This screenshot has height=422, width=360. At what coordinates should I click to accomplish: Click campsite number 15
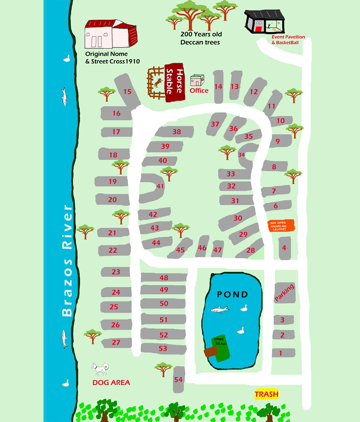127,92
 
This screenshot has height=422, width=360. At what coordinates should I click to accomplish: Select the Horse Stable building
175,82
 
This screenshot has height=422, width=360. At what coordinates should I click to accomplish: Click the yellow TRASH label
266,394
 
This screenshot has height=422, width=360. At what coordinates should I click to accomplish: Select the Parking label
284,293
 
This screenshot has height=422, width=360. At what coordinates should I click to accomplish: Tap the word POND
232,294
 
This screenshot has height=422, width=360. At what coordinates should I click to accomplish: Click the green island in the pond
221,347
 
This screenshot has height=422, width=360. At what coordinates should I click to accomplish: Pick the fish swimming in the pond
220,309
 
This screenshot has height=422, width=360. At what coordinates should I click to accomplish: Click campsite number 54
178,380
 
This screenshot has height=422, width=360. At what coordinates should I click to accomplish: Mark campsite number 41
160,186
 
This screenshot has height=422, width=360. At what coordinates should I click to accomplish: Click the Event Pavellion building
265,22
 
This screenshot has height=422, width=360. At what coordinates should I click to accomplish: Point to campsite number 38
176,132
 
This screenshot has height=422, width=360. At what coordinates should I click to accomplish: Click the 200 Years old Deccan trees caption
200,38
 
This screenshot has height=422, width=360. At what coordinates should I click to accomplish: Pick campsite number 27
116,342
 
